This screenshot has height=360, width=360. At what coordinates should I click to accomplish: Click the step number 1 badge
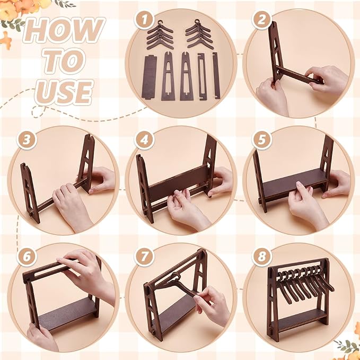pos(144,20)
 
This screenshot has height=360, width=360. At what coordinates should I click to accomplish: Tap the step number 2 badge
pos(261,20)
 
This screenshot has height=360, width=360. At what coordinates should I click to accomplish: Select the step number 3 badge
pos(27,139)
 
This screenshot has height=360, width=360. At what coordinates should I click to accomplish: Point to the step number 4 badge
pos(144,139)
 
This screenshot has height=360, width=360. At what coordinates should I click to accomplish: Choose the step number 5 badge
pos(261,139)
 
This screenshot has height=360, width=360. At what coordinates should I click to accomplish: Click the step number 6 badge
pos(27,257)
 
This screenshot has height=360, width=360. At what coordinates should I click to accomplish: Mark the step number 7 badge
pos(144,257)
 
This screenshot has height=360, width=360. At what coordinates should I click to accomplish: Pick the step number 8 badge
pos(261,257)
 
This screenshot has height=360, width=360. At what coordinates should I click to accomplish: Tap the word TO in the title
pos(64,60)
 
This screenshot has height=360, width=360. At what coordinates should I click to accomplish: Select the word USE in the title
pos(64,92)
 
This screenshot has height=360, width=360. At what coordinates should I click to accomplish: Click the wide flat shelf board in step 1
pos(149,77)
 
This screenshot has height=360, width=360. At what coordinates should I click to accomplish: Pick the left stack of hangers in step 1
pos(160,35)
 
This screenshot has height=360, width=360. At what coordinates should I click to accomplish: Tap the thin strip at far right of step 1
pos(216,75)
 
